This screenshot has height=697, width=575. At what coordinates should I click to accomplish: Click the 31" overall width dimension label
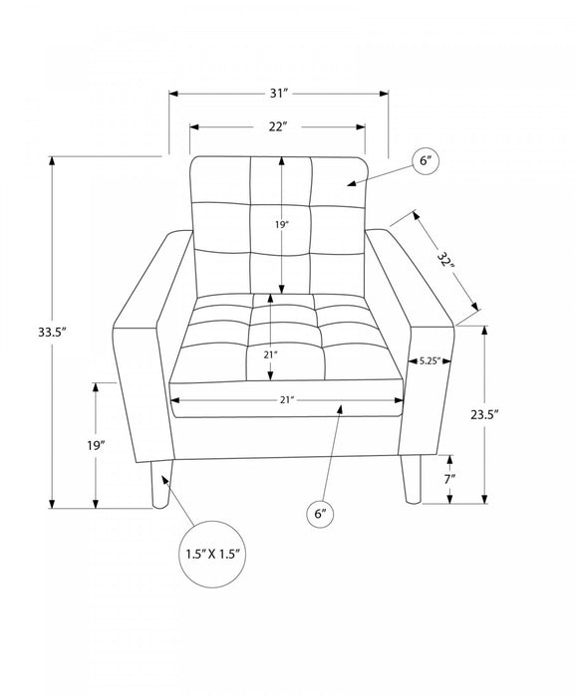(x=279, y=94)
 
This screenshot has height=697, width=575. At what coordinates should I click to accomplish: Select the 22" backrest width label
(x=276, y=126)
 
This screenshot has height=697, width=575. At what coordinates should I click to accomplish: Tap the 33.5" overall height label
(x=52, y=332)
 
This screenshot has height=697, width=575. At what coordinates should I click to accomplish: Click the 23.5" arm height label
(x=484, y=415)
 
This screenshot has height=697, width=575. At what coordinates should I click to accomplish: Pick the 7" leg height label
(x=449, y=479)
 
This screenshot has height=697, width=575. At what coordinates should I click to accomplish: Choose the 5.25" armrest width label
(x=430, y=360)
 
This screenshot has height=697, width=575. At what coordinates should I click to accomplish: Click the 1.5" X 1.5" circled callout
(x=212, y=554)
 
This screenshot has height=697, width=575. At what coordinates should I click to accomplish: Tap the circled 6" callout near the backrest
(x=426, y=161)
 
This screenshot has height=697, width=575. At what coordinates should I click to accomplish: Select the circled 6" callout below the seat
(x=321, y=514)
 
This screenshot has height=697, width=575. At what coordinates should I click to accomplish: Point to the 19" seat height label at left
(x=96, y=445)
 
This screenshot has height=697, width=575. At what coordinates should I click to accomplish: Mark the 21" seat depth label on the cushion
(x=270, y=354)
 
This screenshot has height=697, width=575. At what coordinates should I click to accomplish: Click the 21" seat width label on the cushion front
(x=287, y=400)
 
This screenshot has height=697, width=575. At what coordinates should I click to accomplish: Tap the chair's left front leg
(x=160, y=484)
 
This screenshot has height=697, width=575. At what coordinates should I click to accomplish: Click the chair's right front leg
(x=412, y=479)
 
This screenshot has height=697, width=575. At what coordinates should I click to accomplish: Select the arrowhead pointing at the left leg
(x=165, y=480)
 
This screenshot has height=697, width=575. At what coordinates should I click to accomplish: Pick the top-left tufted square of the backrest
(x=220, y=180)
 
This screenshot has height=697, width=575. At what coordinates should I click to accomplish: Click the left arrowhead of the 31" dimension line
(x=173, y=94)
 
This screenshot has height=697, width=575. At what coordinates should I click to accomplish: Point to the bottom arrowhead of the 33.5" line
(x=52, y=504)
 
